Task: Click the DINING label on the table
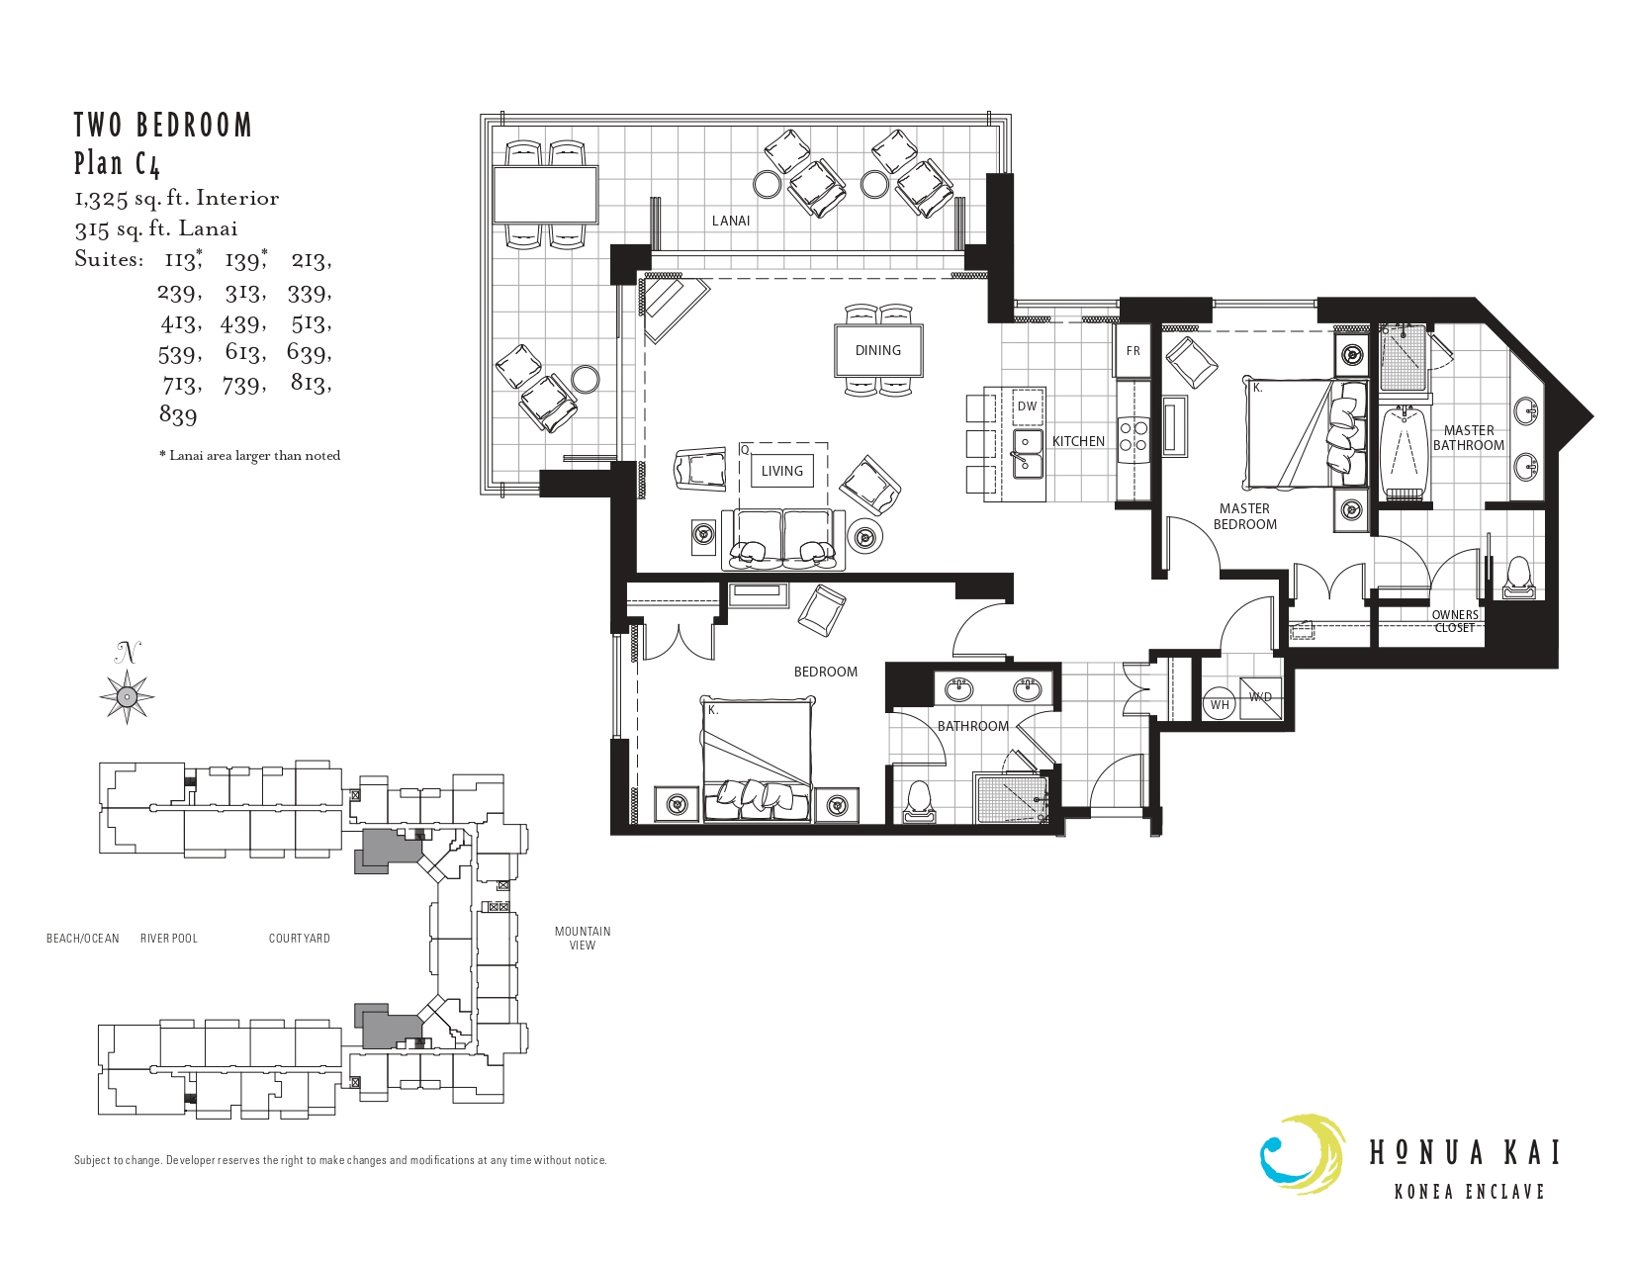tap(877, 350)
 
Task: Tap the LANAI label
tap(730, 221)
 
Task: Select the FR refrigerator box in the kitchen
tap(1133, 350)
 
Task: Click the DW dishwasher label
tap(1027, 406)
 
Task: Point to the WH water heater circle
tap(1220, 705)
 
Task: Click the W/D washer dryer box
tap(1260, 697)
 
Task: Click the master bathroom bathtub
tap(1405, 451)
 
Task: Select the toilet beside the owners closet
tap(1516, 577)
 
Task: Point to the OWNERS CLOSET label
tap(1455, 621)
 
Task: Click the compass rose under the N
tap(127, 697)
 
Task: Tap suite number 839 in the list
tap(178, 415)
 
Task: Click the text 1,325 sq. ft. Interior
tap(176, 198)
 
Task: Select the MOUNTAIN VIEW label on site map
tap(582, 938)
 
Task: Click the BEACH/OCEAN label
tap(82, 939)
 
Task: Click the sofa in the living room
tap(783, 539)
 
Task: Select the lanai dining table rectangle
tap(545, 195)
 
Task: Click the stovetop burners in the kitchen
tap(1133, 437)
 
